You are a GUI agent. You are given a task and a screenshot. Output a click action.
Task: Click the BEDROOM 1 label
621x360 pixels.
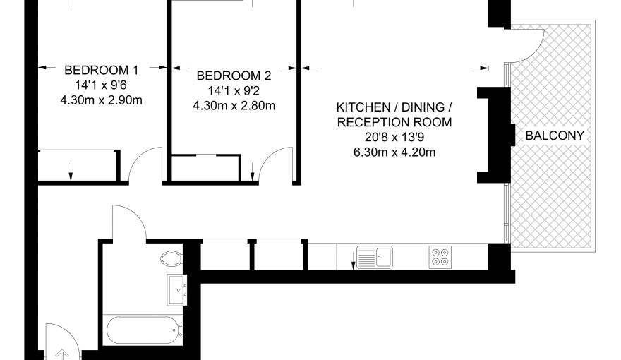pos(102,70)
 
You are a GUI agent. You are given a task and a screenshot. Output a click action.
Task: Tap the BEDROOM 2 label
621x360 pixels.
pos(234,76)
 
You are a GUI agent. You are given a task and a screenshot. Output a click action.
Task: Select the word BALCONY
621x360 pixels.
pos(555,136)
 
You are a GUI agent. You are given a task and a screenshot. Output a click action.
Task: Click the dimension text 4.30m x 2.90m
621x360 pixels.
pos(102,100)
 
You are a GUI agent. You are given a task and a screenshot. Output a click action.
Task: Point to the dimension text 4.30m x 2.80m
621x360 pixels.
pos(234,106)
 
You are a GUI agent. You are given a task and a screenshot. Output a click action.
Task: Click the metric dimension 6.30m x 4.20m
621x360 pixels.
pos(394,152)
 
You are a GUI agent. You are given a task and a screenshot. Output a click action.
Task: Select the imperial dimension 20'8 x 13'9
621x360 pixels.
pos(394,137)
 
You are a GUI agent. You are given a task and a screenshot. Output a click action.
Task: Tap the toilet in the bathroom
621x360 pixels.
pos(172,258)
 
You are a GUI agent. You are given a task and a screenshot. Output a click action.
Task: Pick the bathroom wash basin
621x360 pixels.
pos(176,290)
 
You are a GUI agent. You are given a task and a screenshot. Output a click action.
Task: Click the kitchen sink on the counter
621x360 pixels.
pos(374,257)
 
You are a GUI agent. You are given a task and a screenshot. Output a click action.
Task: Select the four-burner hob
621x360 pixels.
pos(440,257)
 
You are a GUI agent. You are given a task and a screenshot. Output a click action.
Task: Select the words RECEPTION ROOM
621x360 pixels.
pos(394,122)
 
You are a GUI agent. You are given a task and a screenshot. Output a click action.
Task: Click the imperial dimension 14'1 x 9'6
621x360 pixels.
pos(102,85)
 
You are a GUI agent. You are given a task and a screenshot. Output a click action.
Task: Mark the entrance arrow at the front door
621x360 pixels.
pos(62,354)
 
